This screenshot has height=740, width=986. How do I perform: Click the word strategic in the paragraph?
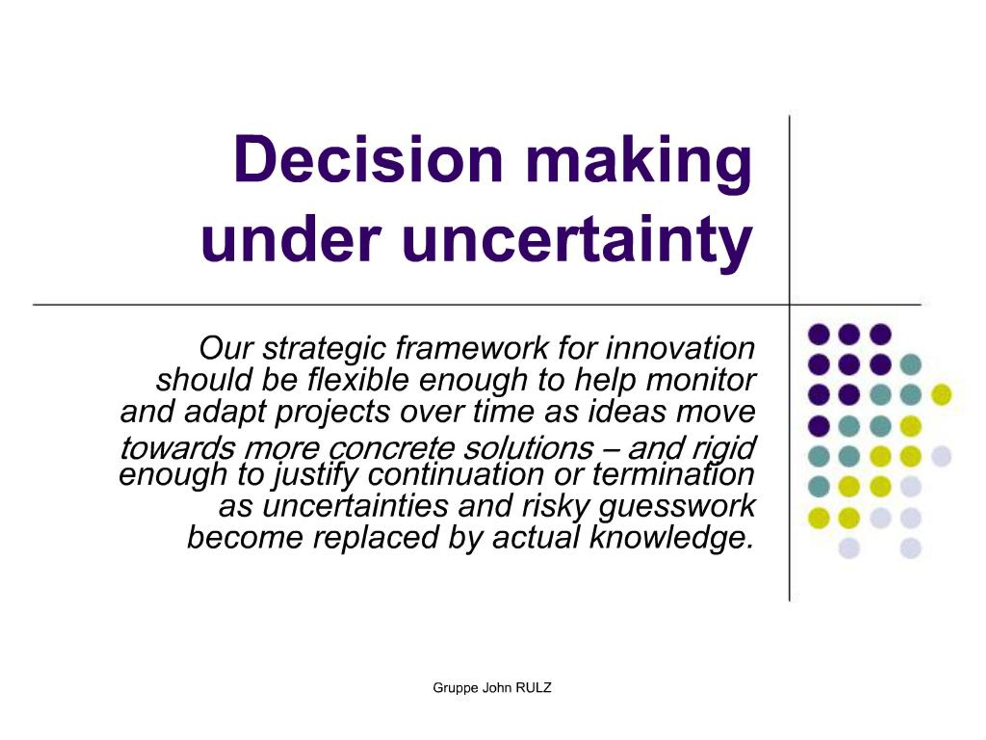pyautogui.click(x=324, y=349)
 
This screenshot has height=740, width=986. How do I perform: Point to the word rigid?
pyautogui.click(x=723, y=449)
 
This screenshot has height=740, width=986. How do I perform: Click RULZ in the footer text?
pyautogui.click(x=533, y=688)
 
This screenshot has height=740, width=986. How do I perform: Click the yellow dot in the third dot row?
pyautogui.click(x=941, y=395)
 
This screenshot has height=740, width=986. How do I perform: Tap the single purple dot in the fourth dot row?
pyautogui.click(x=818, y=425)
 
